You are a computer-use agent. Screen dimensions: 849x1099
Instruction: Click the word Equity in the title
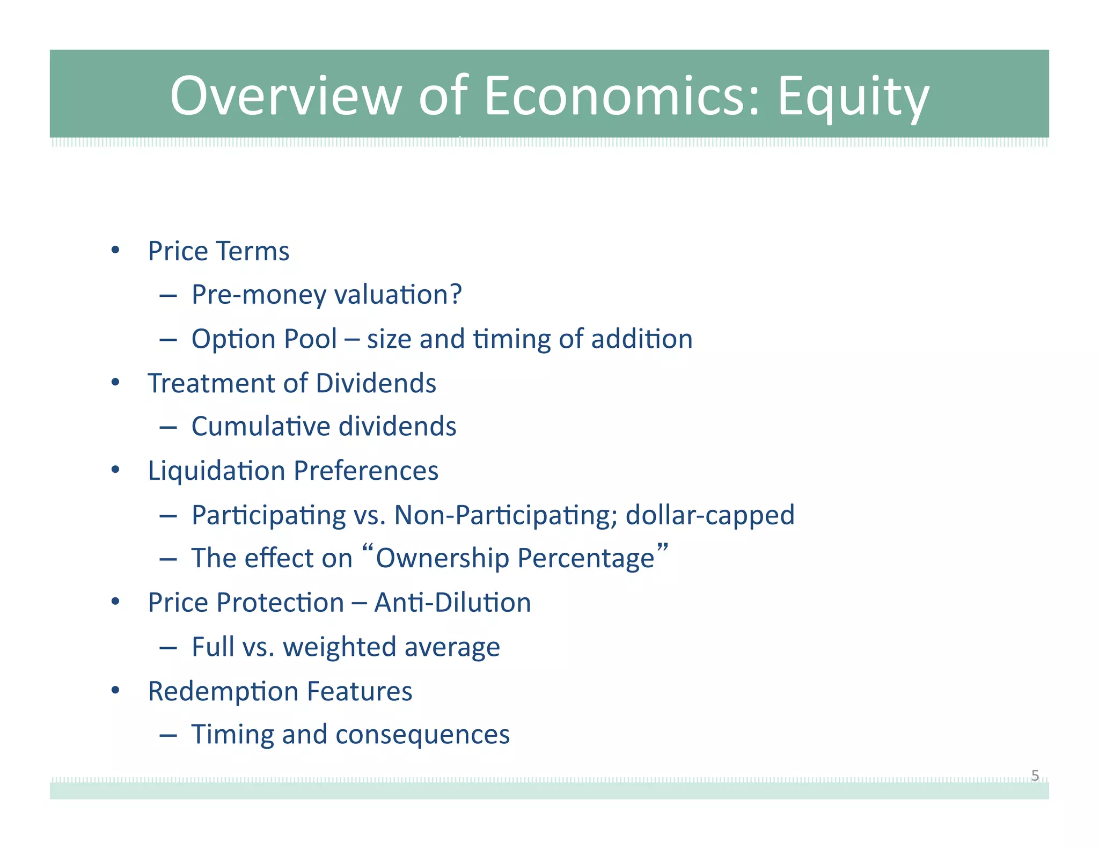[x=853, y=97]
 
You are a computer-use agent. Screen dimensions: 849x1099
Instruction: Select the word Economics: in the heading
[x=622, y=97]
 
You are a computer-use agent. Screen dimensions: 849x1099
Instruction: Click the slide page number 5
[x=1035, y=775]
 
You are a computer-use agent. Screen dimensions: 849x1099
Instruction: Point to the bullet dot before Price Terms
[x=115, y=250]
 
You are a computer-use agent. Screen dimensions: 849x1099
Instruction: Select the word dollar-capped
[x=709, y=515]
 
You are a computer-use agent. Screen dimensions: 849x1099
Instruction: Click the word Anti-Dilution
[x=452, y=603]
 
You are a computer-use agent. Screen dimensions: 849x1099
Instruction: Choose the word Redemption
[x=224, y=691]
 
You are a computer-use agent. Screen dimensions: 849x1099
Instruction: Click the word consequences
[x=422, y=735]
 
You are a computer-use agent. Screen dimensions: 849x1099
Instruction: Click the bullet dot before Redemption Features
[x=115, y=690]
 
